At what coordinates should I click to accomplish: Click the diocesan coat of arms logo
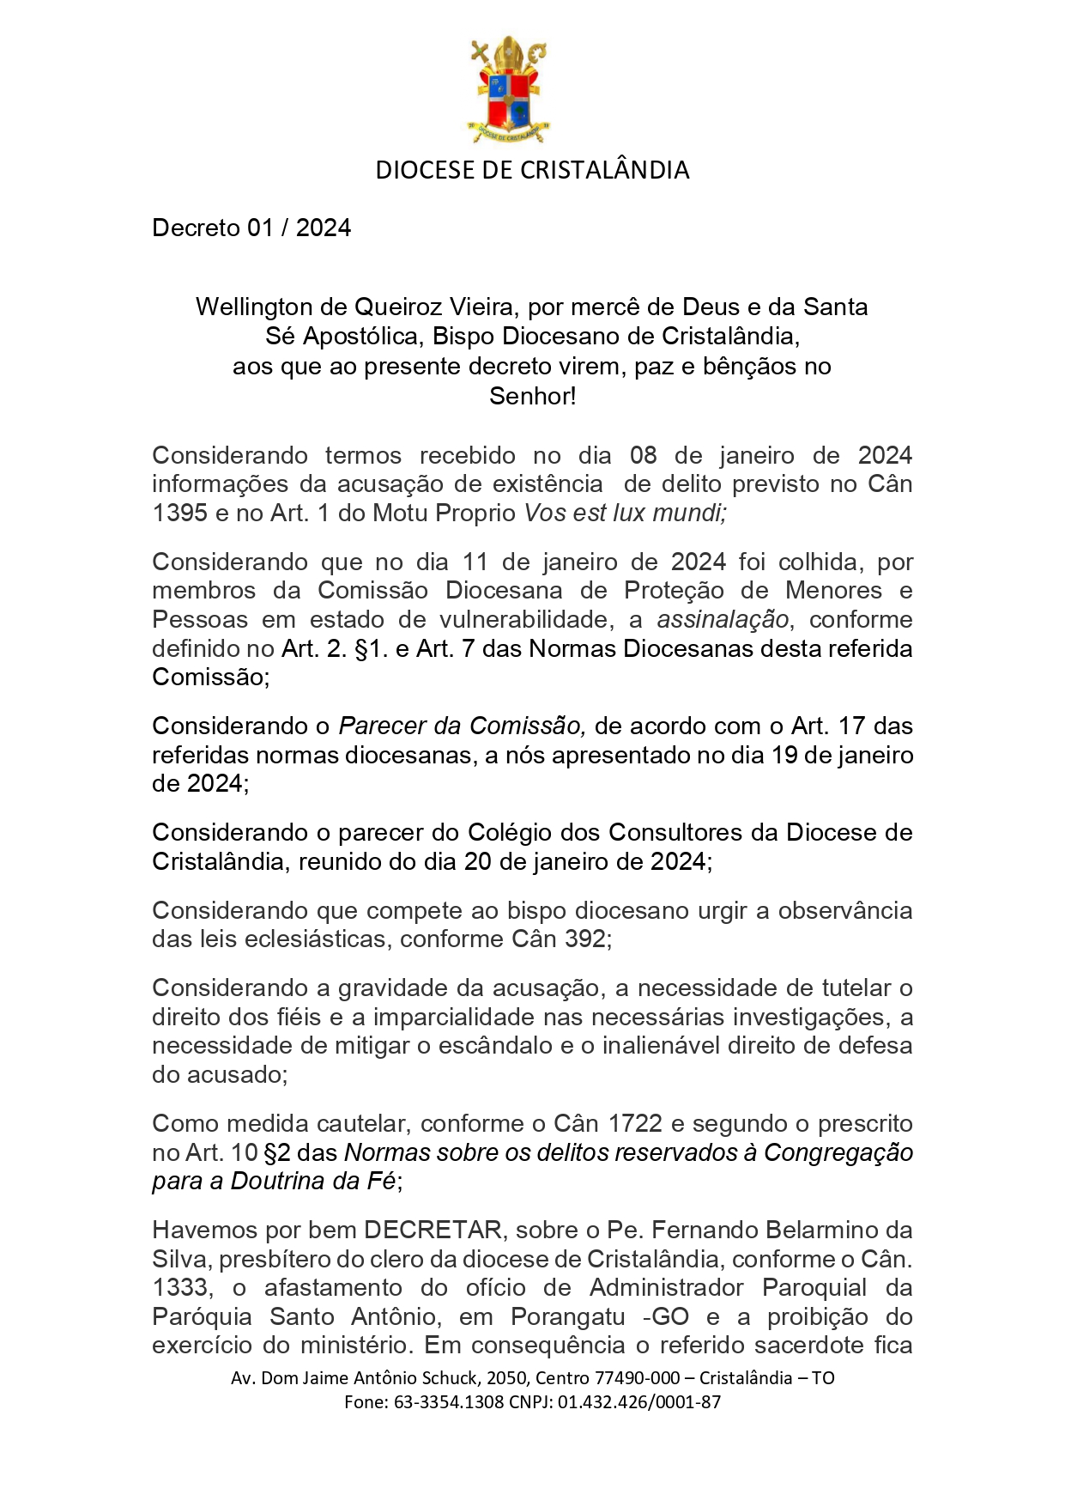point(509,89)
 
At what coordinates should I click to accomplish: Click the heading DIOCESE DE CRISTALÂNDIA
point(532,170)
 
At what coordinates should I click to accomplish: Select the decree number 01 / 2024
point(300,228)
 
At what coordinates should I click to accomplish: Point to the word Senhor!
point(532,396)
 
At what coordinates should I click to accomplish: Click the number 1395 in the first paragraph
point(179,513)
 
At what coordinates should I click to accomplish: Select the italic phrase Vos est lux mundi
point(626,513)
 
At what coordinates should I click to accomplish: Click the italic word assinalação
point(723,619)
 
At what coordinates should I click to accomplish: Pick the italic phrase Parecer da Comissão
point(462,726)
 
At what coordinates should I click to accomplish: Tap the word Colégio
point(510,833)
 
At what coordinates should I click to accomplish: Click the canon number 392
point(584,939)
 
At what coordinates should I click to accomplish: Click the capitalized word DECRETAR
point(433,1230)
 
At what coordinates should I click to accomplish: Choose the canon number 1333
point(179,1287)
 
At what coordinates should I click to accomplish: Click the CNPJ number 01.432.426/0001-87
point(639,1402)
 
